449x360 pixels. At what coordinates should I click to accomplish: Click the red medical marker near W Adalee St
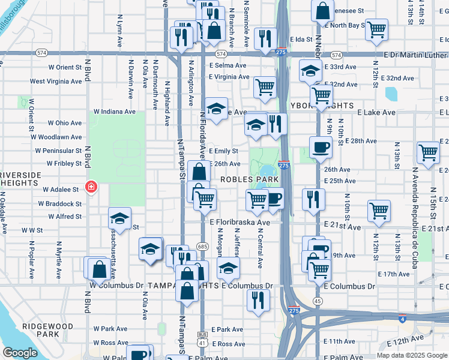click(x=91, y=187)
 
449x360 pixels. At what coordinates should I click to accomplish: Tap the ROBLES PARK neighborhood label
click(x=249, y=179)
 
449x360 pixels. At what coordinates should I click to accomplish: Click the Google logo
click(x=20, y=353)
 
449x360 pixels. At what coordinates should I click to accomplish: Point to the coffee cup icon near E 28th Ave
click(x=321, y=148)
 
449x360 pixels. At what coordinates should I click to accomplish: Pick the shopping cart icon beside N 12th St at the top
click(x=376, y=30)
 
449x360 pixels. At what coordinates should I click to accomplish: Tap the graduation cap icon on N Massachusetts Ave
click(x=119, y=220)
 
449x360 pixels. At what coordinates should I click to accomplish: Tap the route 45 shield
click(x=318, y=301)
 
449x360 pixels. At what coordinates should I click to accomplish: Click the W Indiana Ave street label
click(x=115, y=112)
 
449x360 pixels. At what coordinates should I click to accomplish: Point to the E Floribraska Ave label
click(x=240, y=222)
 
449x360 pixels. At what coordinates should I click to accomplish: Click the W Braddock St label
click(x=59, y=203)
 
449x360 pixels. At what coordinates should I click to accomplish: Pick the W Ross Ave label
click(x=110, y=343)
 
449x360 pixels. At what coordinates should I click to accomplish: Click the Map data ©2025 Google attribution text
click(x=412, y=355)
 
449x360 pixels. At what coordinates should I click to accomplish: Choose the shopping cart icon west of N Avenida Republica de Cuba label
click(x=379, y=211)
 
